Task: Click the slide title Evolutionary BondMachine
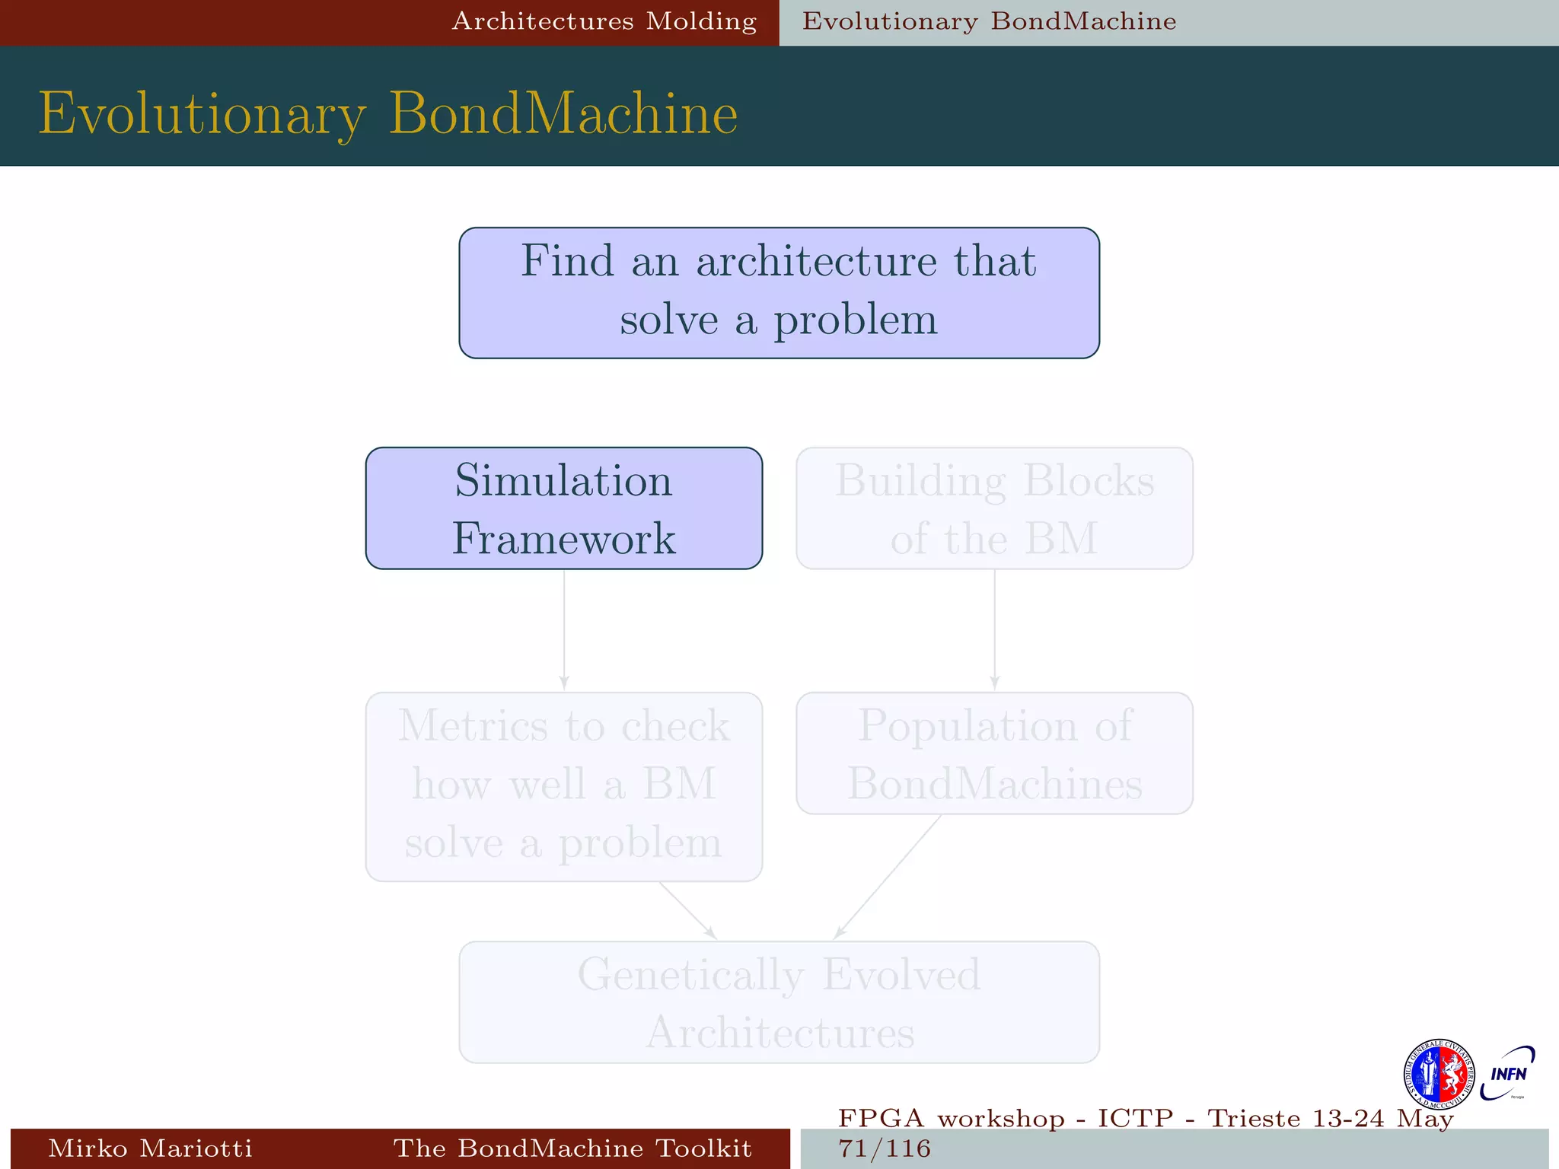click(x=388, y=114)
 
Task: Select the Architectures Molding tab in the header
click(x=604, y=21)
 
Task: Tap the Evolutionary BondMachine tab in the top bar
click(x=989, y=21)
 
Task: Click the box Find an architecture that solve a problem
click(x=779, y=292)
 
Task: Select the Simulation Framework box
click(x=563, y=508)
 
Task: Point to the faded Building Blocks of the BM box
click(x=994, y=508)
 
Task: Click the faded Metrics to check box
click(x=563, y=786)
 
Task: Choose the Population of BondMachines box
click(x=994, y=753)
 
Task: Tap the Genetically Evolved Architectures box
click(x=779, y=1002)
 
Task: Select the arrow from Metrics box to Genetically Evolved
click(x=687, y=910)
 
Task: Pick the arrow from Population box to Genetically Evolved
click(x=888, y=877)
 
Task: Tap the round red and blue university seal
click(x=1438, y=1074)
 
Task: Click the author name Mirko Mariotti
click(x=150, y=1148)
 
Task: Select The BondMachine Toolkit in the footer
click(x=572, y=1148)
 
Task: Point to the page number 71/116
click(x=885, y=1148)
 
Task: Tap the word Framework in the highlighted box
click(x=563, y=539)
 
